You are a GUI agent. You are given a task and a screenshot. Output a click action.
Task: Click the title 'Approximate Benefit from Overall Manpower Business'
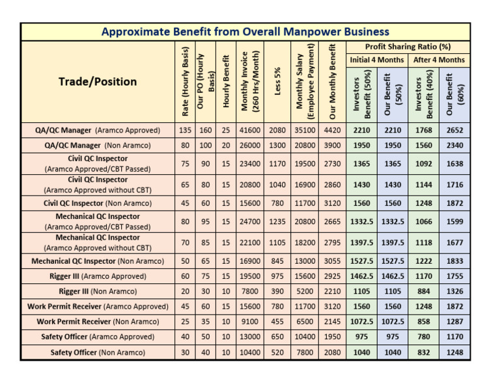pos(245,32)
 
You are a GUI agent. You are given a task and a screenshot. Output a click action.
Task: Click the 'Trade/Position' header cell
pos(98,81)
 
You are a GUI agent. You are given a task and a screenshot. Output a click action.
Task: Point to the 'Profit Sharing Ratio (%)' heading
pos(408,47)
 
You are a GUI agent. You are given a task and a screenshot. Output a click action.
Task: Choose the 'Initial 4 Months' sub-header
pos(376,60)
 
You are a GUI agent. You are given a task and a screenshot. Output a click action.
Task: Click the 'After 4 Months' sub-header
pos(439,60)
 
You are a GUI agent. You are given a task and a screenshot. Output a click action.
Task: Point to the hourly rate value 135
pos(185,130)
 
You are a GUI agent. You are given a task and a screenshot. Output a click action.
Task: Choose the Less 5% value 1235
pos(277,222)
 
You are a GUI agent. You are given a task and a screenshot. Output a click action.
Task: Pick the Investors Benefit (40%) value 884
pos(424,291)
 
